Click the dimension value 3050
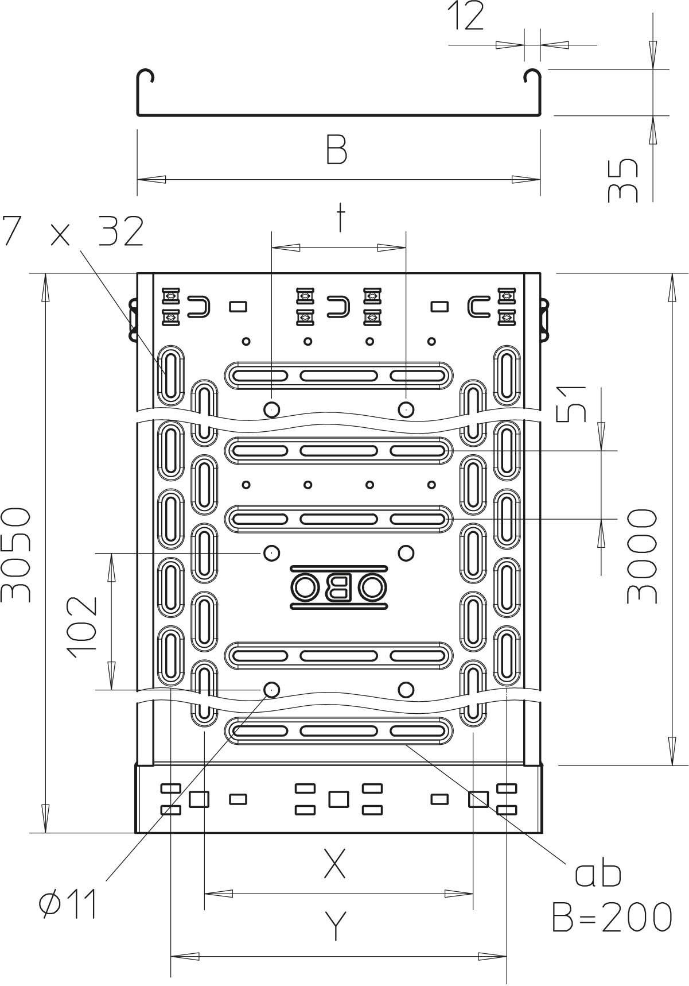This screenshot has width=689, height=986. (15, 554)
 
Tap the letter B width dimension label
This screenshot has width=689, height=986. (337, 150)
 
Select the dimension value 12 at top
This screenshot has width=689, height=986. (465, 17)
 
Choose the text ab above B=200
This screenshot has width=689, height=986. (598, 873)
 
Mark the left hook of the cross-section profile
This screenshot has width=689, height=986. (146, 78)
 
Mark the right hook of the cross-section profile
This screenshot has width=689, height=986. (532, 78)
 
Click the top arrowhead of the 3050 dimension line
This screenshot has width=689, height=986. (45, 287)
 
